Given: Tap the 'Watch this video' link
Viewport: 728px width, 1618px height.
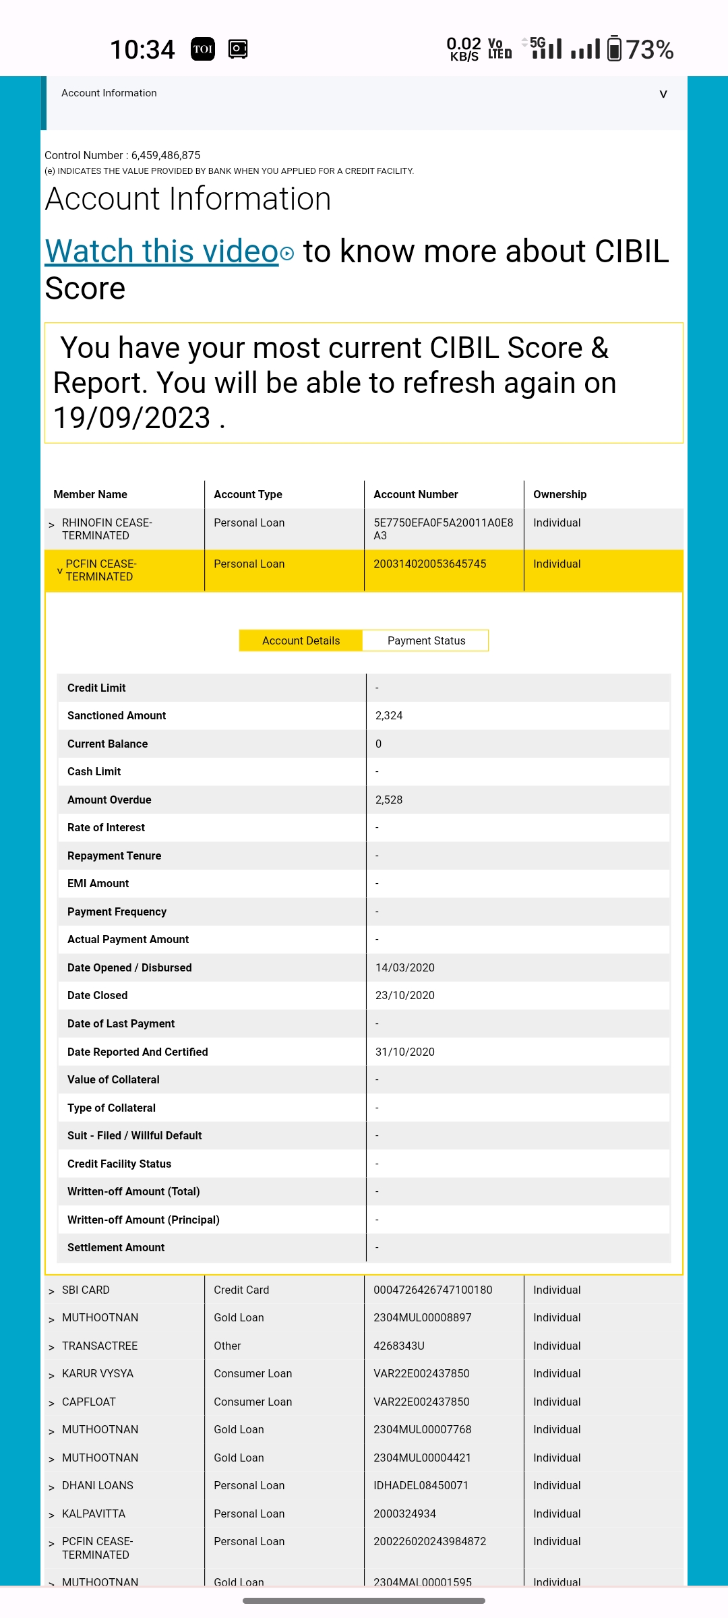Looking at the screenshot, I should [x=162, y=251].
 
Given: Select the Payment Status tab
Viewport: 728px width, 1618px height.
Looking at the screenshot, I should [x=426, y=640].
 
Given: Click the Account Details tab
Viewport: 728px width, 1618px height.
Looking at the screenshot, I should [x=301, y=640].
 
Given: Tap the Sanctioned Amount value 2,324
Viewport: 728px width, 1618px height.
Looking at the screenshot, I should [x=389, y=715].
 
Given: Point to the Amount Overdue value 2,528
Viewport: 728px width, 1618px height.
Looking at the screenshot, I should [x=389, y=800].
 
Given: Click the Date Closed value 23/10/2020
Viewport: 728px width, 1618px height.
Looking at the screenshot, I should [x=404, y=995].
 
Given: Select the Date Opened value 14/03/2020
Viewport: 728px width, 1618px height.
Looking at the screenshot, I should [x=404, y=967].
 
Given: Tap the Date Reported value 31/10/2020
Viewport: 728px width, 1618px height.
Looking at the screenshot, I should [x=404, y=1052].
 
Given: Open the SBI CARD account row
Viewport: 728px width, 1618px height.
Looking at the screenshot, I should [x=86, y=1290].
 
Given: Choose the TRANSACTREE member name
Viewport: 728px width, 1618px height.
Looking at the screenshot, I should [x=100, y=1346].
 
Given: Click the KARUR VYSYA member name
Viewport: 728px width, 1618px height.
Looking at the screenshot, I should [x=98, y=1373].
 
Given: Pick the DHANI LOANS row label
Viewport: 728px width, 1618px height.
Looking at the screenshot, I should [x=98, y=1485].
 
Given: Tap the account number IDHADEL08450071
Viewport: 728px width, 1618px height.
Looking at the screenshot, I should [x=421, y=1485].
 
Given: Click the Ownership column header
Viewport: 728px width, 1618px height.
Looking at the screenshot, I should [x=559, y=494].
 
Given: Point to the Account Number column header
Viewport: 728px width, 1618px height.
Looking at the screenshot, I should [x=416, y=494].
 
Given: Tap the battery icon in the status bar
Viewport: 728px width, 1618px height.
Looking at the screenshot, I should [x=614, y=49].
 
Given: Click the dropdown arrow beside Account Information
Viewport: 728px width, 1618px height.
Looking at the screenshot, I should [x=663, y=94].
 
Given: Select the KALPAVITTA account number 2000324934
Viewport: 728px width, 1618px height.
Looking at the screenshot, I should [x=404, y=1514].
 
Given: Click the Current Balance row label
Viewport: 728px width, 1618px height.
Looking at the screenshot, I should [x=107, y=744].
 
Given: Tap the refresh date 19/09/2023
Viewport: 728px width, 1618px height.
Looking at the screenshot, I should [x=132, y=418].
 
